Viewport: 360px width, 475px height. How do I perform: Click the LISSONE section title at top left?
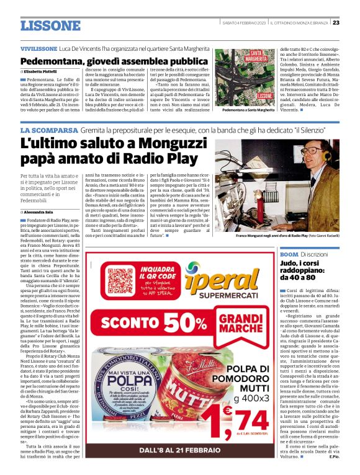[x=50, y=25]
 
